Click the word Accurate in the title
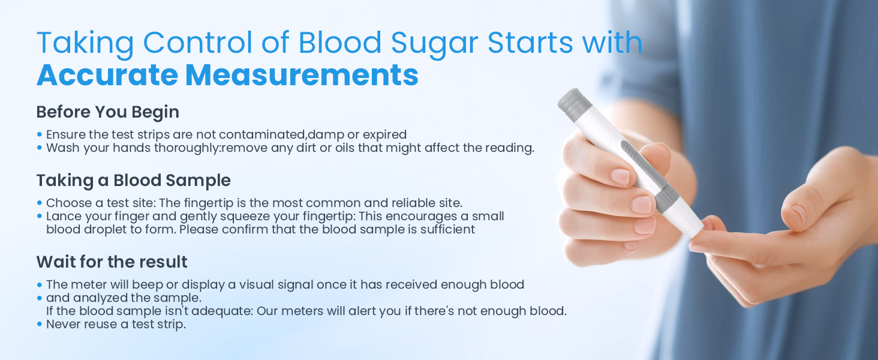point(107,74)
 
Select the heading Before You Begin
point(108,112)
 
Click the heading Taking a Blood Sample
point(134,181)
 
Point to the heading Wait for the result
point(112,262)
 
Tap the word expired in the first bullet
point(384,135)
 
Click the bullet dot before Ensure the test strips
point(39,134)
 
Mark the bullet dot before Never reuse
point(39,325)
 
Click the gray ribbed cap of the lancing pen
point(575,104)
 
